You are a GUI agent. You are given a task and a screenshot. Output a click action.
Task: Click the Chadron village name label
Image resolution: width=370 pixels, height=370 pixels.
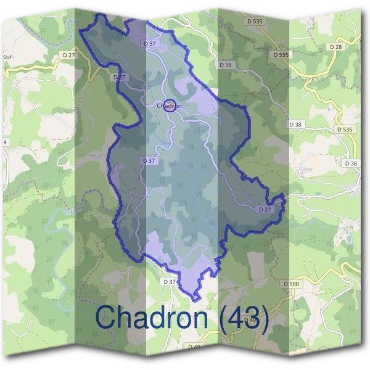point(169,106)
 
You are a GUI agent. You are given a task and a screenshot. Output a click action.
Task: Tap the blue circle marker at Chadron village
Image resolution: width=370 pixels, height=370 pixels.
point(171,105)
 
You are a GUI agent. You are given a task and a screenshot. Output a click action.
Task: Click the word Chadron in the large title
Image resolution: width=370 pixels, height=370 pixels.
point(152,317)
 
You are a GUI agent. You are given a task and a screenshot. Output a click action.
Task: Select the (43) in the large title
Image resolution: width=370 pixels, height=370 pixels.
point(243,318)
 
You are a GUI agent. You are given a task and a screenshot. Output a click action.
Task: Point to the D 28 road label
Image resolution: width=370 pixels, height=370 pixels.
point(335,47)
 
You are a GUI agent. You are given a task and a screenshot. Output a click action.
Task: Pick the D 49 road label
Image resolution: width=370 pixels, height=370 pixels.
point(250,320)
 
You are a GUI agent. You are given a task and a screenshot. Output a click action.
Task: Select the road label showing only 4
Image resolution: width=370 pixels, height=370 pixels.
point(6,142)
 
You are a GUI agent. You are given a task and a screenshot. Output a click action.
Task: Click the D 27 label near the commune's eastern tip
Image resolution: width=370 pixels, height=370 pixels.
point(265,210)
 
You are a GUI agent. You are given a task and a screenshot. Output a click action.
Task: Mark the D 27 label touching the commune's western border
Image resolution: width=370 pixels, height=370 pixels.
point(119,78)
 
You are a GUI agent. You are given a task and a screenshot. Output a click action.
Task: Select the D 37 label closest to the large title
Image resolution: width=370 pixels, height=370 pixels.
point(170,281)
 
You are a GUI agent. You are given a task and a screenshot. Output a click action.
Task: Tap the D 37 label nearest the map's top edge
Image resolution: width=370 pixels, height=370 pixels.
point(148,43)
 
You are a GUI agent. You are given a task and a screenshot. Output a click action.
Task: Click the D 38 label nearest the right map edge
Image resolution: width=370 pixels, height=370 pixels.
point(351,163)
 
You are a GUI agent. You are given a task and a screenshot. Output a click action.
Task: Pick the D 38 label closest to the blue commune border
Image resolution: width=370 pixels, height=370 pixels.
point(225,64)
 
